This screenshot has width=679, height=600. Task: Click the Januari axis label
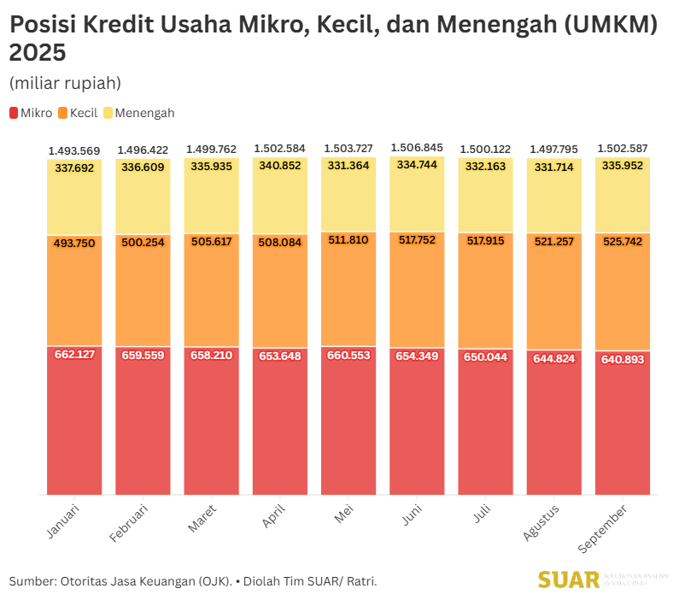pyautogui.click(x=63, y=521)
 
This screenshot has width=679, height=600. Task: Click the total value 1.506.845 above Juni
pyautogui.click(x=417, y=148)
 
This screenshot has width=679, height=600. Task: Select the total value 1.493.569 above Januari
pyautogui.click(x=74, y=150)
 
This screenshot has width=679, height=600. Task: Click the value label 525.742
pyautogui.click(x=623, y=242)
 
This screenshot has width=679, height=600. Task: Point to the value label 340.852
pyautogui.click(x=279, y=166)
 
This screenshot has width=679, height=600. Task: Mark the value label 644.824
pyautogui.click(x=553, y=359)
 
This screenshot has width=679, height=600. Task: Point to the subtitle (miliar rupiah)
pyautogui.click(x=65, y=83)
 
